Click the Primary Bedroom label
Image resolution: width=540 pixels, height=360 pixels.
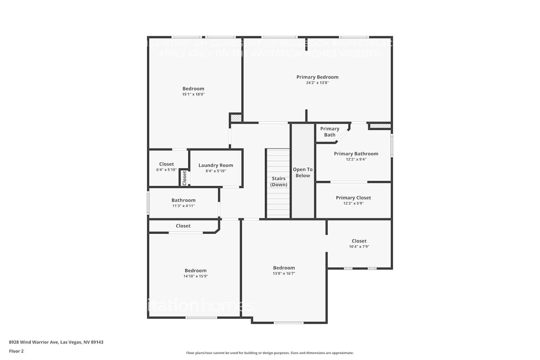(317, 77)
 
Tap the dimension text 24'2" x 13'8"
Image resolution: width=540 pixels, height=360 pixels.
(317, 83)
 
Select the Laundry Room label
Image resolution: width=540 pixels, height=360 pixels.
(216, 166)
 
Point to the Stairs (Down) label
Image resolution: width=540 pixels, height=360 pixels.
(279, 181)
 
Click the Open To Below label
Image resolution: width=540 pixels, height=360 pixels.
(302, 172)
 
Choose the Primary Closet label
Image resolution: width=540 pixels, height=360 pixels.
(353, 198)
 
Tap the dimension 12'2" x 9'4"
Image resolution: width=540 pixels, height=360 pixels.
(356, 159)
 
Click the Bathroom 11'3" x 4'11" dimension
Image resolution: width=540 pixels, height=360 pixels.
(183, 206)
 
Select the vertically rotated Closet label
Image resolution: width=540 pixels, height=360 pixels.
(184, 178)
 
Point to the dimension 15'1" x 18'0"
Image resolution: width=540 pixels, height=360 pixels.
(193, 94)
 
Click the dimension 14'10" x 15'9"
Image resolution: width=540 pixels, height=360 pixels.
(195, 276)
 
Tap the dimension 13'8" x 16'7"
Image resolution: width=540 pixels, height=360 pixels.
(284, 274)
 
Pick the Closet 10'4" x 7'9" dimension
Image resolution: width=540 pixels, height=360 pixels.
(359, 247)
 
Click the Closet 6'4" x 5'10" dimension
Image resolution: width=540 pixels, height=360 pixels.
(166, 170)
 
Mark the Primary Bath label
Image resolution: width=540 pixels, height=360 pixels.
(329, 132)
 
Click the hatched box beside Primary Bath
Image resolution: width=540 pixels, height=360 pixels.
(380, 126)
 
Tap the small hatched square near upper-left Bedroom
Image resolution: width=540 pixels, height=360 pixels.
(236, 118)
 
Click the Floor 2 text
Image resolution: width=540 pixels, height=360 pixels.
(16, 351)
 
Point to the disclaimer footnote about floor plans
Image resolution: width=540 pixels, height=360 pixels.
(270, 353)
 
